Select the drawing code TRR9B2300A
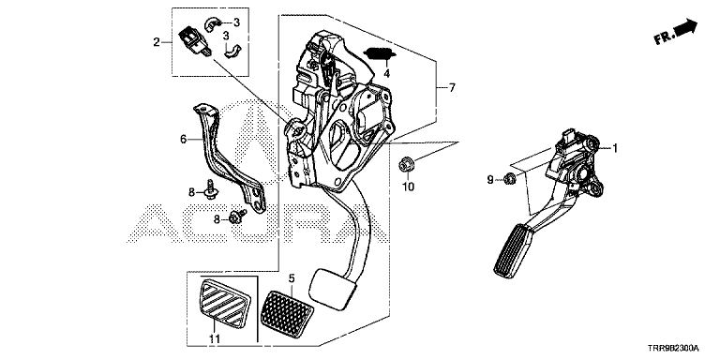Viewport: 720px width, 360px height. [674, 348]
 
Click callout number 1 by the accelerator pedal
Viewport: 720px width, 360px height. [614, 148]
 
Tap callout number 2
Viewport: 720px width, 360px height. [157, 43]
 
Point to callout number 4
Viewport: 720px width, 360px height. [386, 73]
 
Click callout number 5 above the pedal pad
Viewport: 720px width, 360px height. [292, 278]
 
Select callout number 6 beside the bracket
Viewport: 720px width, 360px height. [183, 139]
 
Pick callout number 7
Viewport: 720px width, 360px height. [452, 88]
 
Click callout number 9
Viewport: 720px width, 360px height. [490, 180]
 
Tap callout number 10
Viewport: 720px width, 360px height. [408, 187]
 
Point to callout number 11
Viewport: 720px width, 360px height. [215, 338]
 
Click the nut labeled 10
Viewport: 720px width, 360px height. [405, 164]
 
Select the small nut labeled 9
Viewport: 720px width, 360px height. [508, 178]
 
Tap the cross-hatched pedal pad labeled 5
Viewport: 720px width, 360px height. [287, 309]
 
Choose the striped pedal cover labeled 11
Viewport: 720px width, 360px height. [225, 304]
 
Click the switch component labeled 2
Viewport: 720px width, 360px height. [194, 42]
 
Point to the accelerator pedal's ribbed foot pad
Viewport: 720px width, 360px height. [513, 250]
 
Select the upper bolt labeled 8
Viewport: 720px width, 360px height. [212, 189]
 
